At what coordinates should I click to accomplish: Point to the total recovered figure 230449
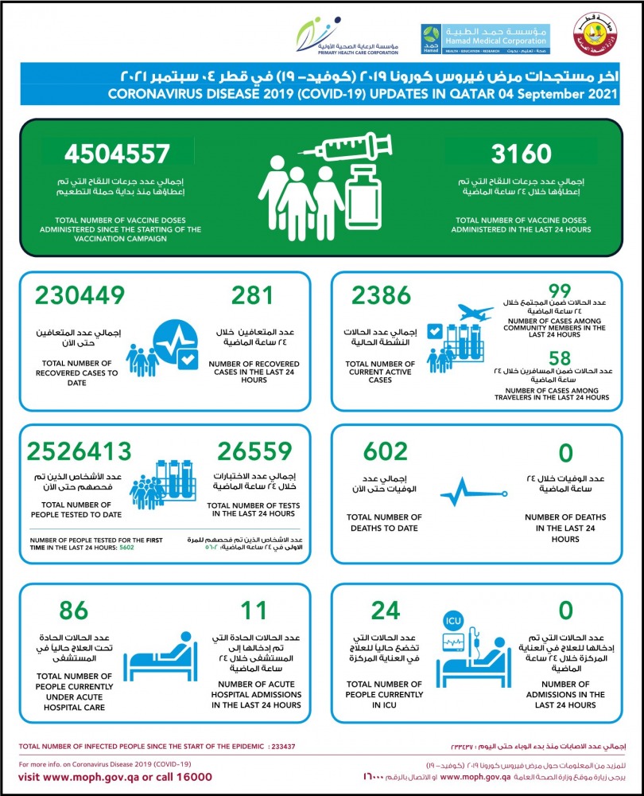[79, 295]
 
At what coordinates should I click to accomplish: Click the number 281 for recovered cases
[252, 295]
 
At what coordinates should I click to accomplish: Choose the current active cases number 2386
[382, 295]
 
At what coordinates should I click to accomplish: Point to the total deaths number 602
[385, 451]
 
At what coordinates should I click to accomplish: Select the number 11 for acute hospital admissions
[252, 611]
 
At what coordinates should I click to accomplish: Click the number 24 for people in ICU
[385, 611]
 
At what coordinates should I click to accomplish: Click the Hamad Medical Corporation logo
[484, 38]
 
